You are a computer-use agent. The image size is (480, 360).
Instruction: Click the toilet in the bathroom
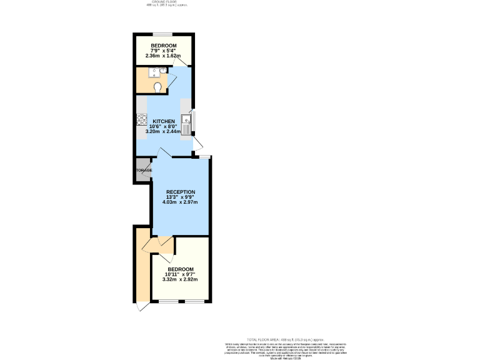157,87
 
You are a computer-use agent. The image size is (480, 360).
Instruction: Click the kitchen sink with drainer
186,124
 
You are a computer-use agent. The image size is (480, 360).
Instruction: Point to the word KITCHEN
164,121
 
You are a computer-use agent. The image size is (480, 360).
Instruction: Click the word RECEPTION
180,192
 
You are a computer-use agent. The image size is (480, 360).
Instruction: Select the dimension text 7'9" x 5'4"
164,51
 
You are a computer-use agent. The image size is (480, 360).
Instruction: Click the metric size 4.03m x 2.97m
180,202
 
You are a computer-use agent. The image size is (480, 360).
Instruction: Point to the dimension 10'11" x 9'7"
180,274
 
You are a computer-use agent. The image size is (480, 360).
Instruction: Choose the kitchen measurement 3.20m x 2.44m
163,132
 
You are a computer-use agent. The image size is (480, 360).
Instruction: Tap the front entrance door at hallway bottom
142,306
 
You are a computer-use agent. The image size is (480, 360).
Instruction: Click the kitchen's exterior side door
198,146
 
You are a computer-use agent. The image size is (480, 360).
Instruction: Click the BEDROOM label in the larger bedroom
180,269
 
